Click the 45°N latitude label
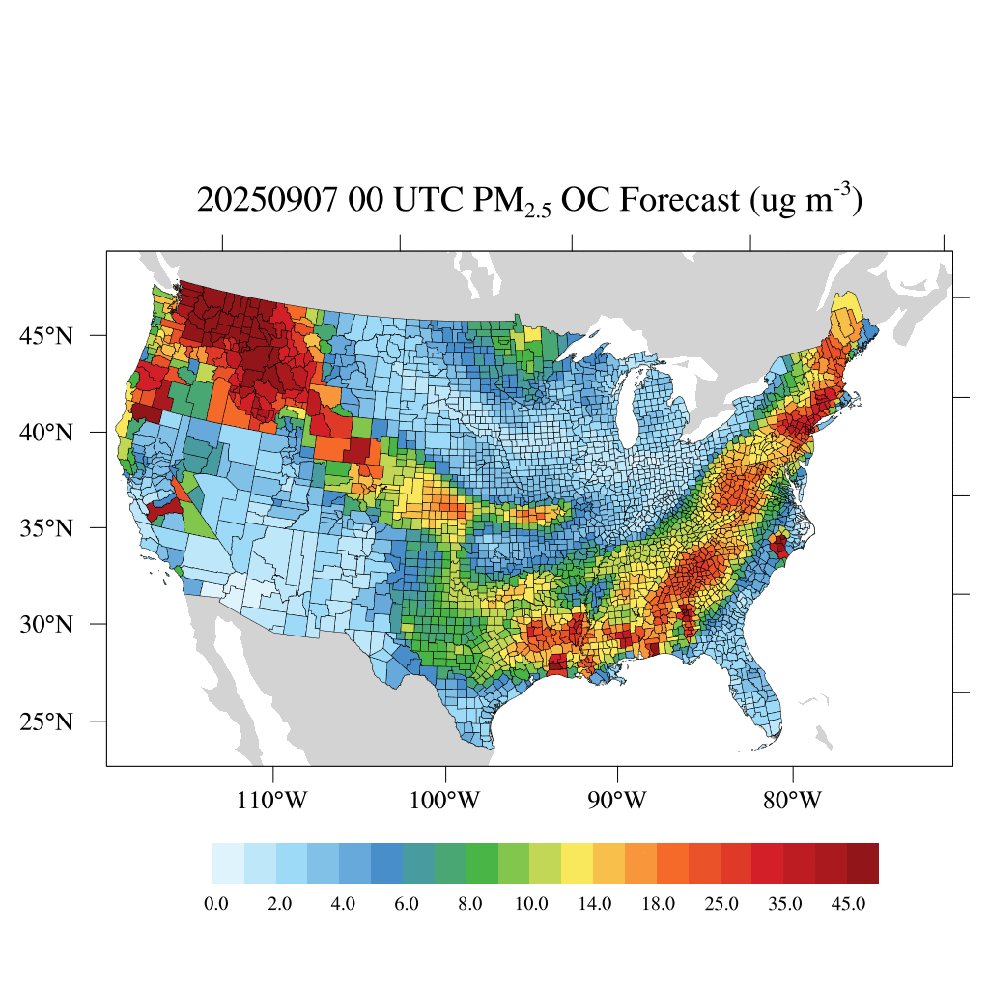point(45,336)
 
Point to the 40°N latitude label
point(45,432)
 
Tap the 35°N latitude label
point(45,528)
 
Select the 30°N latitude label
point(45,624)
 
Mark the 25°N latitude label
point(45,721)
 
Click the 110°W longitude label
point(275,801)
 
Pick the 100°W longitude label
point(446,801)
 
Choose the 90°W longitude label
point(617,801)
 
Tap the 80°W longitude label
point(793,801)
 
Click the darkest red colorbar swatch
point(862,863)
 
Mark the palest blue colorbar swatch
point(228,863)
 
